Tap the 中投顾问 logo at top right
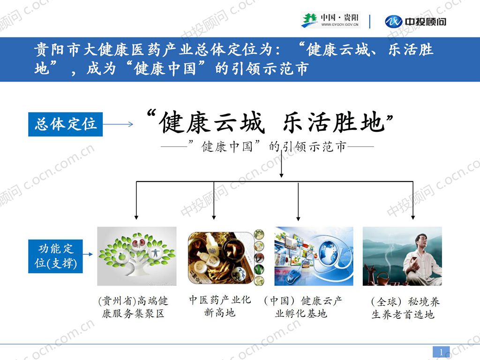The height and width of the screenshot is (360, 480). pyautogui.click(x=416, y=21)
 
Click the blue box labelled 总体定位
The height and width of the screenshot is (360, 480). pyautogui.click(x=65, y=124)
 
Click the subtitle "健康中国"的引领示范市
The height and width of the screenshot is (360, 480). pyautogui.click(x=267, y=147)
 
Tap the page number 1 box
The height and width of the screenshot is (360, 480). pyautogui.click(x=441, y=352)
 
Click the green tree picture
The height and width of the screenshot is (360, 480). pyautogui.click(x=137, y=256)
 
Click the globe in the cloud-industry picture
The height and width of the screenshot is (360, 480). pyautogui.click(x=330, y=252)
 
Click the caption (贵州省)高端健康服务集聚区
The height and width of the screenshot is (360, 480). pyautogui.click(x=133, y=307)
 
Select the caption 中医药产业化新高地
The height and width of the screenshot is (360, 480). pyautogui.click(x=220, y=306)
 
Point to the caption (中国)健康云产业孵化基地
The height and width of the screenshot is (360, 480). pyautogui.click(x=302, y=307)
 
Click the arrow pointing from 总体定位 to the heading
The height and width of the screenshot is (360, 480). pyautogui.click(x=118, y=125)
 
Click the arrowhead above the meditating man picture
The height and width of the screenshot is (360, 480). pyautogui.click(x=412, y=217)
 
